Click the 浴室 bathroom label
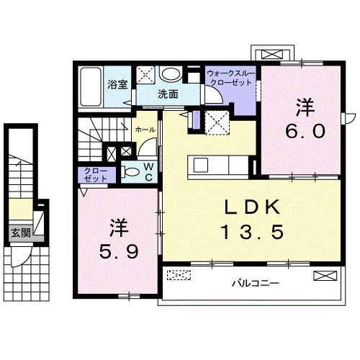point(117,84)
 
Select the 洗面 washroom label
point(168,94)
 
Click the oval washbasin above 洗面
point(171,74)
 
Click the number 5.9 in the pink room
point(118,253)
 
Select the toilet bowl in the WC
point(132,172)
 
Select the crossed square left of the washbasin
point(146,75)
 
